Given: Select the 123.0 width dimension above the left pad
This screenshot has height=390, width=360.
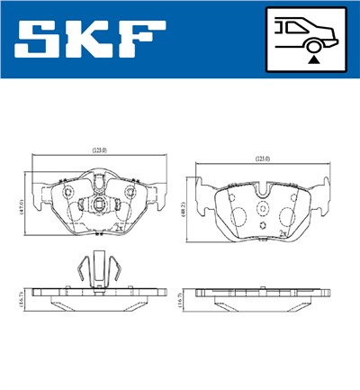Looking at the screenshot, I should click(x=98, y=151).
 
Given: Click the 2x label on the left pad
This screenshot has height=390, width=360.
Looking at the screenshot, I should click(x=119, y=229).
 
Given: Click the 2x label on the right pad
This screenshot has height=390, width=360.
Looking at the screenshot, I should click(x=283, y=233).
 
